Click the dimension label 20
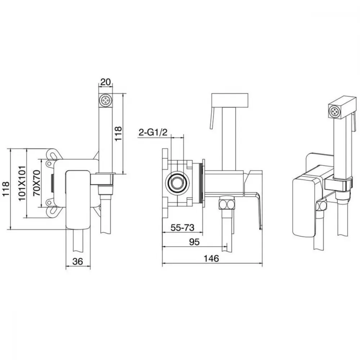[x=105, y=82]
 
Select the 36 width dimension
[x=78, y=261]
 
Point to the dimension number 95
[x=194, y=242]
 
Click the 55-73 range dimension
[x=183, y=228]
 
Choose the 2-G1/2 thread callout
[x=153, y=132]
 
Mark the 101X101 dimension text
[x=22, y=183]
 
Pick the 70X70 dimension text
[x=36, y=183]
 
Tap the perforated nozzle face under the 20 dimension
[x=105, y=100]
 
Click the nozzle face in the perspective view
[x=334, y=112]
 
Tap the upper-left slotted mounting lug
[x=53, y=154]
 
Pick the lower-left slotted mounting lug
[x=53, y=211]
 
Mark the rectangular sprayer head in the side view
[x=230, y=100]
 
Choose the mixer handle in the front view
[x=78, y=199]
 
